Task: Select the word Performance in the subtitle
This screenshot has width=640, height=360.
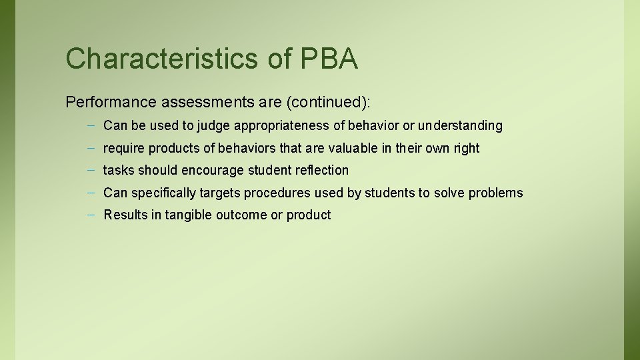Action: [110, 102]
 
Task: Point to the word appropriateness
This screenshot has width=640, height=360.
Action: [297, 125]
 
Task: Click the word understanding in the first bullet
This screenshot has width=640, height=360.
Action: [461, 125]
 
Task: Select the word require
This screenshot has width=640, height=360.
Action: [124, 148]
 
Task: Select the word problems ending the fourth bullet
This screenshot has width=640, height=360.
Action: [496, 193]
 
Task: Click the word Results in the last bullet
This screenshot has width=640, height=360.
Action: [125, 215]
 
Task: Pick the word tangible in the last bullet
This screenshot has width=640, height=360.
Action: [190, 215]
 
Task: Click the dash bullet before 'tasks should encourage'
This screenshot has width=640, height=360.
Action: [89, 170]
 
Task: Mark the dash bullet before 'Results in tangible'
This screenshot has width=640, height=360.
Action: [89, 215]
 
